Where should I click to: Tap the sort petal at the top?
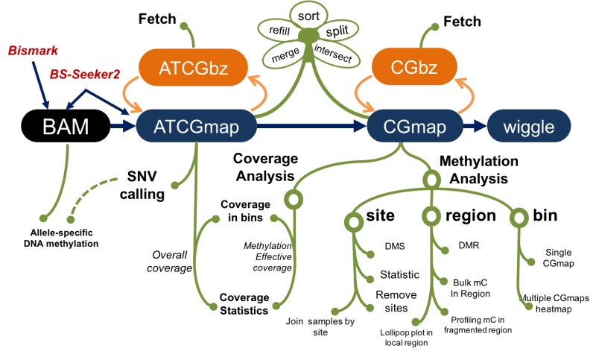[x=305, y=15]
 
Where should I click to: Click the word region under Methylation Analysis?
[x=470, y=215]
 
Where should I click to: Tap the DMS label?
[x=394, y=245]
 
